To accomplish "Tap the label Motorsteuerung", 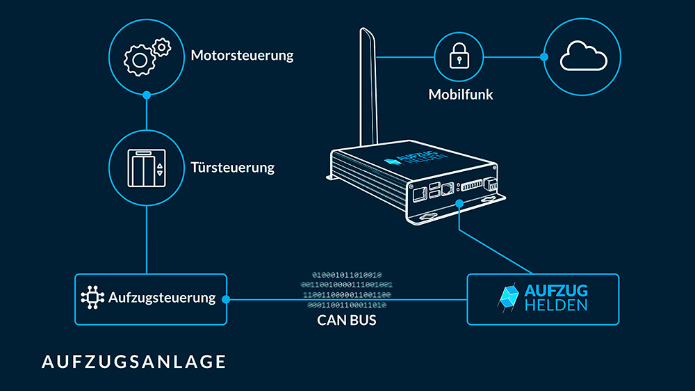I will tap(242, 56).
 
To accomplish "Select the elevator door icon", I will tap(147, 168).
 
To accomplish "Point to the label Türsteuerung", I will tap(232, 168).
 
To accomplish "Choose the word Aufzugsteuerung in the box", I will tap(162, 298).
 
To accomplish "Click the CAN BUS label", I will tap(347, 321).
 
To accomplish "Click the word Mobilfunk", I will tap(461, 94).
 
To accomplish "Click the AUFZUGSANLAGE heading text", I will tap(133, 362).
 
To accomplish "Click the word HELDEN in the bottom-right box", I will tap(557, 305).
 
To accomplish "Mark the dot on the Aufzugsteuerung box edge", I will tap(226, 299).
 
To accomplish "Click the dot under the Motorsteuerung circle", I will tap(147, 95).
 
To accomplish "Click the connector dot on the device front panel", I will tap(459, 203).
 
